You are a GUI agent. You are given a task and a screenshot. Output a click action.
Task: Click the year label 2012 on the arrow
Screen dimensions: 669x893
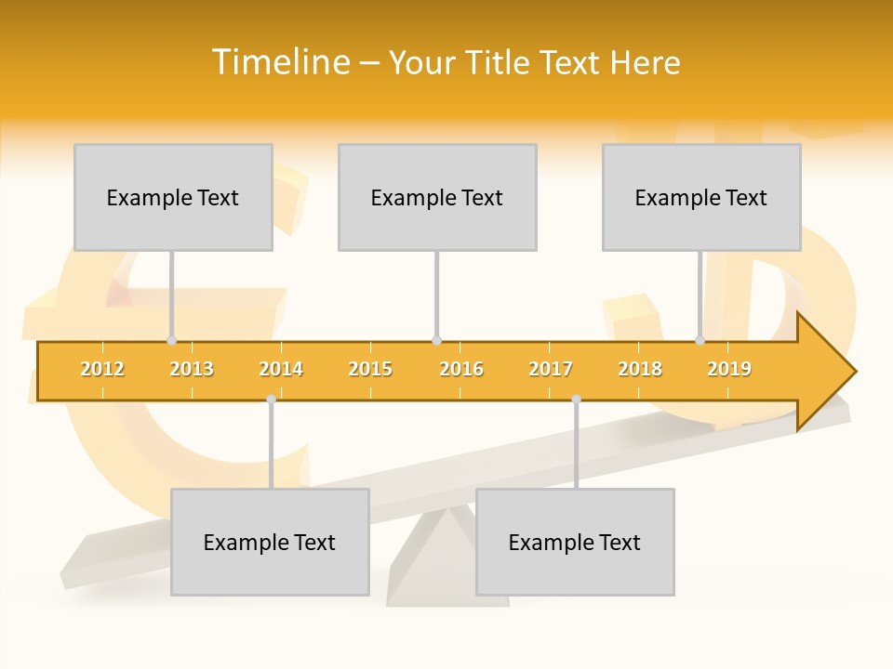point(102,369)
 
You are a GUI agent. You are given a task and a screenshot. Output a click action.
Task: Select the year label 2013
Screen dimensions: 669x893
point(192,369)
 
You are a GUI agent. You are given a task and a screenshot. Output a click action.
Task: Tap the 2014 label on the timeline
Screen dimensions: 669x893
point(281,369)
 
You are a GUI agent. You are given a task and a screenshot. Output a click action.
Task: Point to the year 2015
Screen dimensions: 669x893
point(370,369)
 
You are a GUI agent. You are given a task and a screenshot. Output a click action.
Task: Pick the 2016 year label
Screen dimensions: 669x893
point(461,369)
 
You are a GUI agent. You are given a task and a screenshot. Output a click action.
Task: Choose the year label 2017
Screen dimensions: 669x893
point(551,369)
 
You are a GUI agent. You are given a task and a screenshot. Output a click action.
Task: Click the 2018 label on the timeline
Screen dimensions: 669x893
point(640,369)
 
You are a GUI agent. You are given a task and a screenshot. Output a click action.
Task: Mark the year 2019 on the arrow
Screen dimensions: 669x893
point(729,369)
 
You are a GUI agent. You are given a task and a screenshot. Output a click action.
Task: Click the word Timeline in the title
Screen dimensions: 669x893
point(280,62)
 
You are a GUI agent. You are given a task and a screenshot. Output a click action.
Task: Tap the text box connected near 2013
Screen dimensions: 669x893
point(173,197)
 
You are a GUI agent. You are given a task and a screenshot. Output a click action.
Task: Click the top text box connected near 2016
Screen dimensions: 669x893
point(437,197)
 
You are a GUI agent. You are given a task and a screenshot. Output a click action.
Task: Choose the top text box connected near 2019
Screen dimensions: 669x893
point(701,197)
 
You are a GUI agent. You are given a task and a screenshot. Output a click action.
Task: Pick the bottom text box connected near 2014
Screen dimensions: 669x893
point(270,542)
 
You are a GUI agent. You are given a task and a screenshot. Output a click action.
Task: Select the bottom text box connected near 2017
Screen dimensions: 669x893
point(575,542)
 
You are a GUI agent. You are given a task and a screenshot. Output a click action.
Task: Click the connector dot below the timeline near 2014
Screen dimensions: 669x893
point(271,399)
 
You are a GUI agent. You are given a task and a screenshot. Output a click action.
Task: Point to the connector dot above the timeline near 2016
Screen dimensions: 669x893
point(436,341)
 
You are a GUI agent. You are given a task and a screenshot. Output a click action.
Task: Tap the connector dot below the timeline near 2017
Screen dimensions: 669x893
point(576,399)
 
